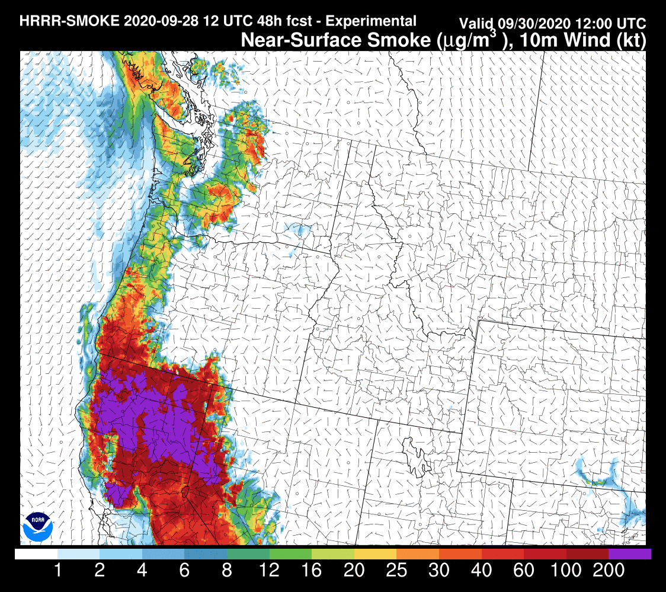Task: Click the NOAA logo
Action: pos(38,526)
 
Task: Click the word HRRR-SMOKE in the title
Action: pos(71,21)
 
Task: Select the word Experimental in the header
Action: pos(371,21)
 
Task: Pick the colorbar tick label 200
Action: pos(608,571)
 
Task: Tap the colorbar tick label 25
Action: pos(396,571)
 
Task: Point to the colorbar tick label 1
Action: pos(58,571)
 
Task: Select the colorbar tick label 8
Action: pos(227,571)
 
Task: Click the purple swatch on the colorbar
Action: pos(629,554)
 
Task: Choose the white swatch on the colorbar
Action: pos(36,554)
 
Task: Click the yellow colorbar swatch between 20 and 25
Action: pos(375,554)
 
